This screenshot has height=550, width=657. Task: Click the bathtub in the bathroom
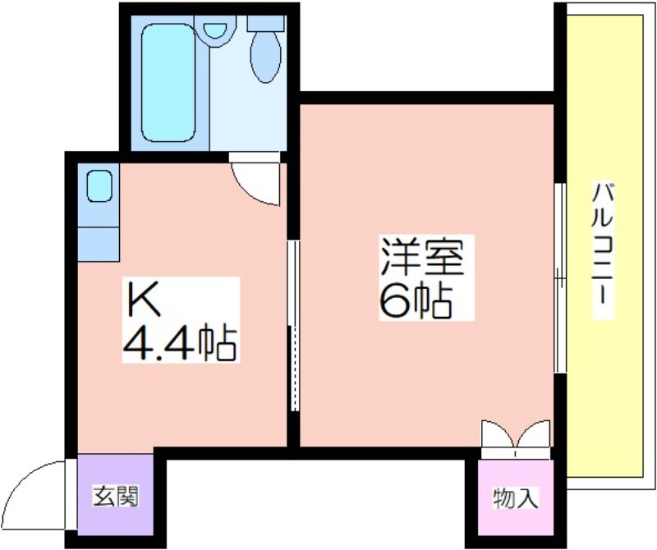point(168,83)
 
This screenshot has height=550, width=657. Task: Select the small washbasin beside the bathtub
point(215,30)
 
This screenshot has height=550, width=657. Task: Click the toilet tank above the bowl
point(266,23)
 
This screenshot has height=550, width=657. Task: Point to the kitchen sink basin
point(99,186)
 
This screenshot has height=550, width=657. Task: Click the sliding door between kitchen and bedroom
point(294,325)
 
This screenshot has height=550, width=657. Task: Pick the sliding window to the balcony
point(560,277)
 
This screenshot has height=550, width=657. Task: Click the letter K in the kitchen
point(144,299)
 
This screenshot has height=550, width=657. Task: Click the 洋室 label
point(422,256)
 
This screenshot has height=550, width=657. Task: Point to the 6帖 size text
point(416,300)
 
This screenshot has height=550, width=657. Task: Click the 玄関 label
point(115,497)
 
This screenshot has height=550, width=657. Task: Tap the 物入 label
point(516,498)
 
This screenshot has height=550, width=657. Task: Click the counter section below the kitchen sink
point(99,245)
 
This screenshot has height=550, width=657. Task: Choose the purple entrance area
point(115,495)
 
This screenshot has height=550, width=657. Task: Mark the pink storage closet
point(516,497)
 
